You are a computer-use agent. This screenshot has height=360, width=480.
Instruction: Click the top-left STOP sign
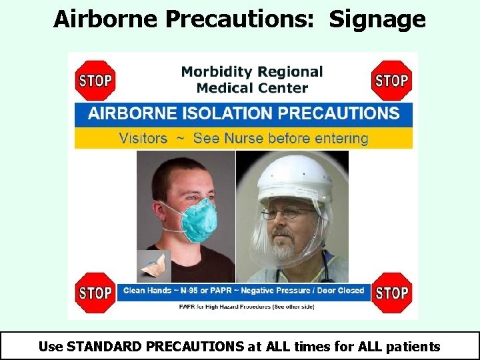[95, 81]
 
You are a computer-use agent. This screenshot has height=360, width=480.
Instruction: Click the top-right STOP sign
[391, 81]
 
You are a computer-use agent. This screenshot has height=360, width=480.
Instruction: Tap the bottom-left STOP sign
[95, 293]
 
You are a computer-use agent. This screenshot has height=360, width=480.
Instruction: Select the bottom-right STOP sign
[391, 293]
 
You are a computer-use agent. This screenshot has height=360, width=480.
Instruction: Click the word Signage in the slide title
[377, 19]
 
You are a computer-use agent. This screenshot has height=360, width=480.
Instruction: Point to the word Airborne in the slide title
[106, 19]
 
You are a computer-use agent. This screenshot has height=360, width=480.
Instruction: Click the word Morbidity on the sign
[215, 71]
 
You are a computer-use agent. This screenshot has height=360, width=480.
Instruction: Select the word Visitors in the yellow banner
[143, 138]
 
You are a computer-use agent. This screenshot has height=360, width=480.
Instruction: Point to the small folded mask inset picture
[154, 266]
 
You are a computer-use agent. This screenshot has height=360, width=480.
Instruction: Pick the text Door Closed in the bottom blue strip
[341, 291]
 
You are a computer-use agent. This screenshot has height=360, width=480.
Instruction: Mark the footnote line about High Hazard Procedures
[247, 307]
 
